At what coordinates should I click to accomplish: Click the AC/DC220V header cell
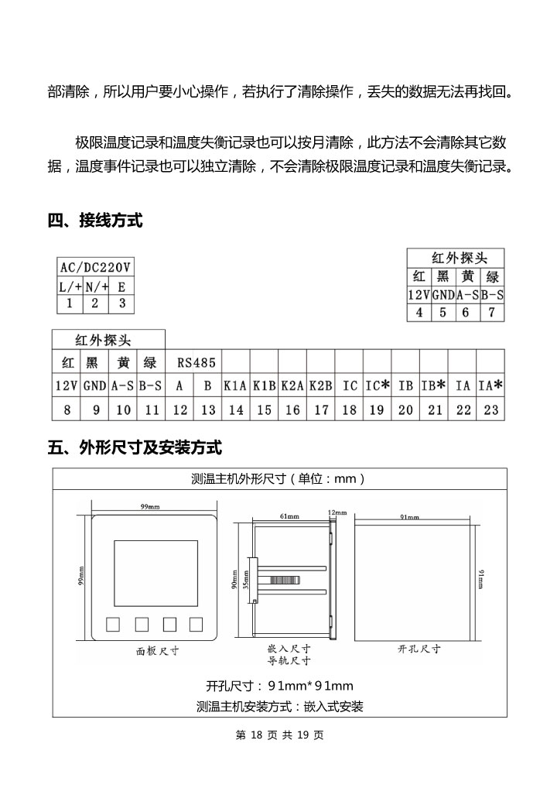tap(96, 267)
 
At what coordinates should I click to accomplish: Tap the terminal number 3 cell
tap(121, 303)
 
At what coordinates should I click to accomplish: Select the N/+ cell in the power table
tap(96, 286)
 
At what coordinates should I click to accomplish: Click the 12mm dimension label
tap(337, 512)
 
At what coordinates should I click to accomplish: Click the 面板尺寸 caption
tap(158, 651)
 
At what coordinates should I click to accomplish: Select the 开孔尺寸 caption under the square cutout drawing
tap(419, 649)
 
